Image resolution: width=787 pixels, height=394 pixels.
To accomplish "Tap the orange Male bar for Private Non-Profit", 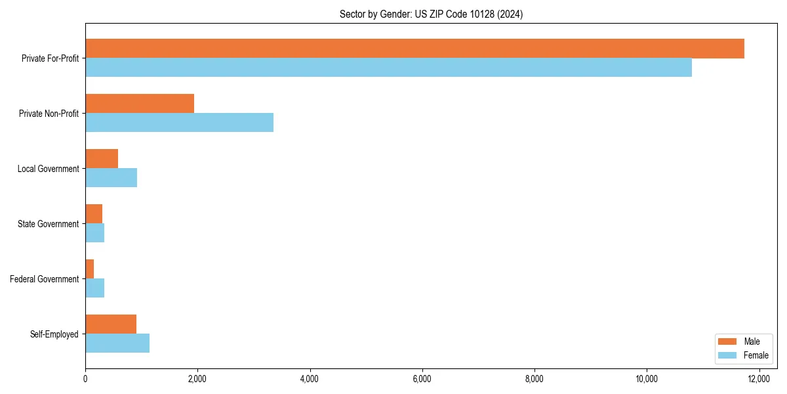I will (x=140, y=104).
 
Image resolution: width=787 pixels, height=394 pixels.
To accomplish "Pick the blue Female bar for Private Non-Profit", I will (x=179, y=123).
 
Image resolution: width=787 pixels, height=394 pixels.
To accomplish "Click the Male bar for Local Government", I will (x=102, y=159).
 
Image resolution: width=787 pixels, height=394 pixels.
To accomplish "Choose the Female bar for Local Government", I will (x=111, y=178).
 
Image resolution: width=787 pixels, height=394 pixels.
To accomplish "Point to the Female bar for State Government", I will (x=95, y=233).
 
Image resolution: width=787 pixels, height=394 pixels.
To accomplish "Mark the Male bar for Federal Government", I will (x=90, y=269).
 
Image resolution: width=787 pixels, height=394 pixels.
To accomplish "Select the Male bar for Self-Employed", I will (x=111, y=324).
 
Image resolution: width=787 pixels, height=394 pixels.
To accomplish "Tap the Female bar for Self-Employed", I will (x=117, y=343).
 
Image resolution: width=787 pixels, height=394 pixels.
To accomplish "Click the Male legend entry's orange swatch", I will (x=728, y=341).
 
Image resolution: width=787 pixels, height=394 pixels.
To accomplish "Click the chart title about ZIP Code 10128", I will (x=431, y=14).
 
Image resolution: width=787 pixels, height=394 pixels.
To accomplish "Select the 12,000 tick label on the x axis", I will (x=759, y=378).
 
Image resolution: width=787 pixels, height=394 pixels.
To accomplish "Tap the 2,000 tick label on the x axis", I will (x=197, y=378).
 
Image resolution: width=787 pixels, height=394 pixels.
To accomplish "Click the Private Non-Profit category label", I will (x=50, y=114).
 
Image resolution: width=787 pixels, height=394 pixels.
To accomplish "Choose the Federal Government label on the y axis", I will (x=45, y=279).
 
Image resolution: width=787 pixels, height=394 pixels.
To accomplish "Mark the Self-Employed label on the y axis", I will (x=54, y=334).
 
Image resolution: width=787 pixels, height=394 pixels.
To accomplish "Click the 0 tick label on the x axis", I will (x=85, y=378).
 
